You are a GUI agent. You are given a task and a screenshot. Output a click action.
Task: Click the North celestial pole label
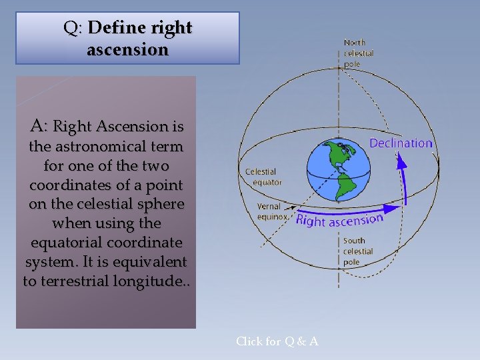[359, 53]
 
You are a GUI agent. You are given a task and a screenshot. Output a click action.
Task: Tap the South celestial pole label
[358, 251]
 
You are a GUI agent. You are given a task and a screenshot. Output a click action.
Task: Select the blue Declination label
[401, 143]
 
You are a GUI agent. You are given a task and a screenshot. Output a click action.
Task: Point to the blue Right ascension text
[339, 220]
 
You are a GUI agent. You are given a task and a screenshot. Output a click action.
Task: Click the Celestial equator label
[263, 177]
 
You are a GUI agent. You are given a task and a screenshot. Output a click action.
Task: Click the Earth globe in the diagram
[339, 171]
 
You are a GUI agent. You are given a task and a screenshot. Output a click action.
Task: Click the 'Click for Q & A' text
[277, 341]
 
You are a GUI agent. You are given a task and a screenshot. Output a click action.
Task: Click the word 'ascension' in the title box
[127, 50]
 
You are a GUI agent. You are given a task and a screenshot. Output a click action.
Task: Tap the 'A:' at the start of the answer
[39, 125]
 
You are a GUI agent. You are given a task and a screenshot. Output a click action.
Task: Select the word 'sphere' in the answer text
[159, 203]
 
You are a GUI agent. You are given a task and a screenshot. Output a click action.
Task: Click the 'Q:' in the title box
[73, 28]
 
